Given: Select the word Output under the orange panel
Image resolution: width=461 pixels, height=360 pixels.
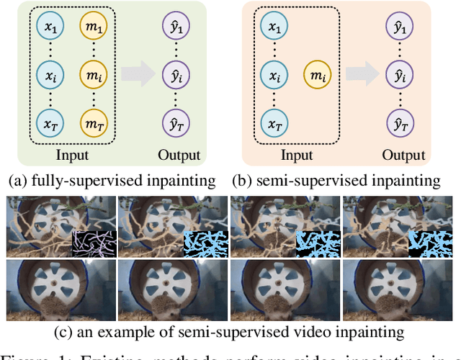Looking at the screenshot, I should [403, 155].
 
